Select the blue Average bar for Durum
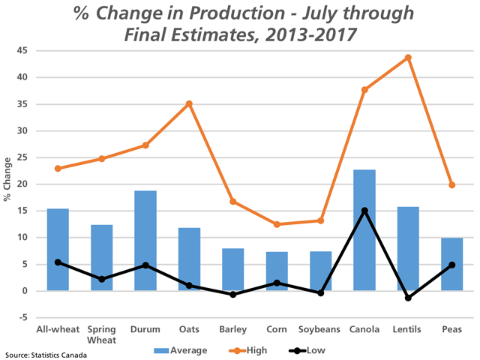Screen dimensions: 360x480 (x=145, y=241)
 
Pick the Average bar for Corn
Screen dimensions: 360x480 (x=277, y=271)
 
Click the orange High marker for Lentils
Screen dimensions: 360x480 (x=408, y=58)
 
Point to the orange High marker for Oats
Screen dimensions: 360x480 (x=189, y=103)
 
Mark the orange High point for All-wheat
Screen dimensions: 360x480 (x=58, y=168)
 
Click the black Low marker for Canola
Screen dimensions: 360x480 (x=364, y=211)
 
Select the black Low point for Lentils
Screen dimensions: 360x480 (x=408, y=298)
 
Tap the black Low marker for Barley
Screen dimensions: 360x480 (x=232, y=295)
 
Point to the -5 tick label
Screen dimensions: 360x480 (x=25, y=317)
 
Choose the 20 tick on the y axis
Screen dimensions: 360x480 (x=23, y=184)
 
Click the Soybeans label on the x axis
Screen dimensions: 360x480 (x=320, y=329)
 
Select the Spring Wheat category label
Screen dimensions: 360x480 (x=101, y=334)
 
